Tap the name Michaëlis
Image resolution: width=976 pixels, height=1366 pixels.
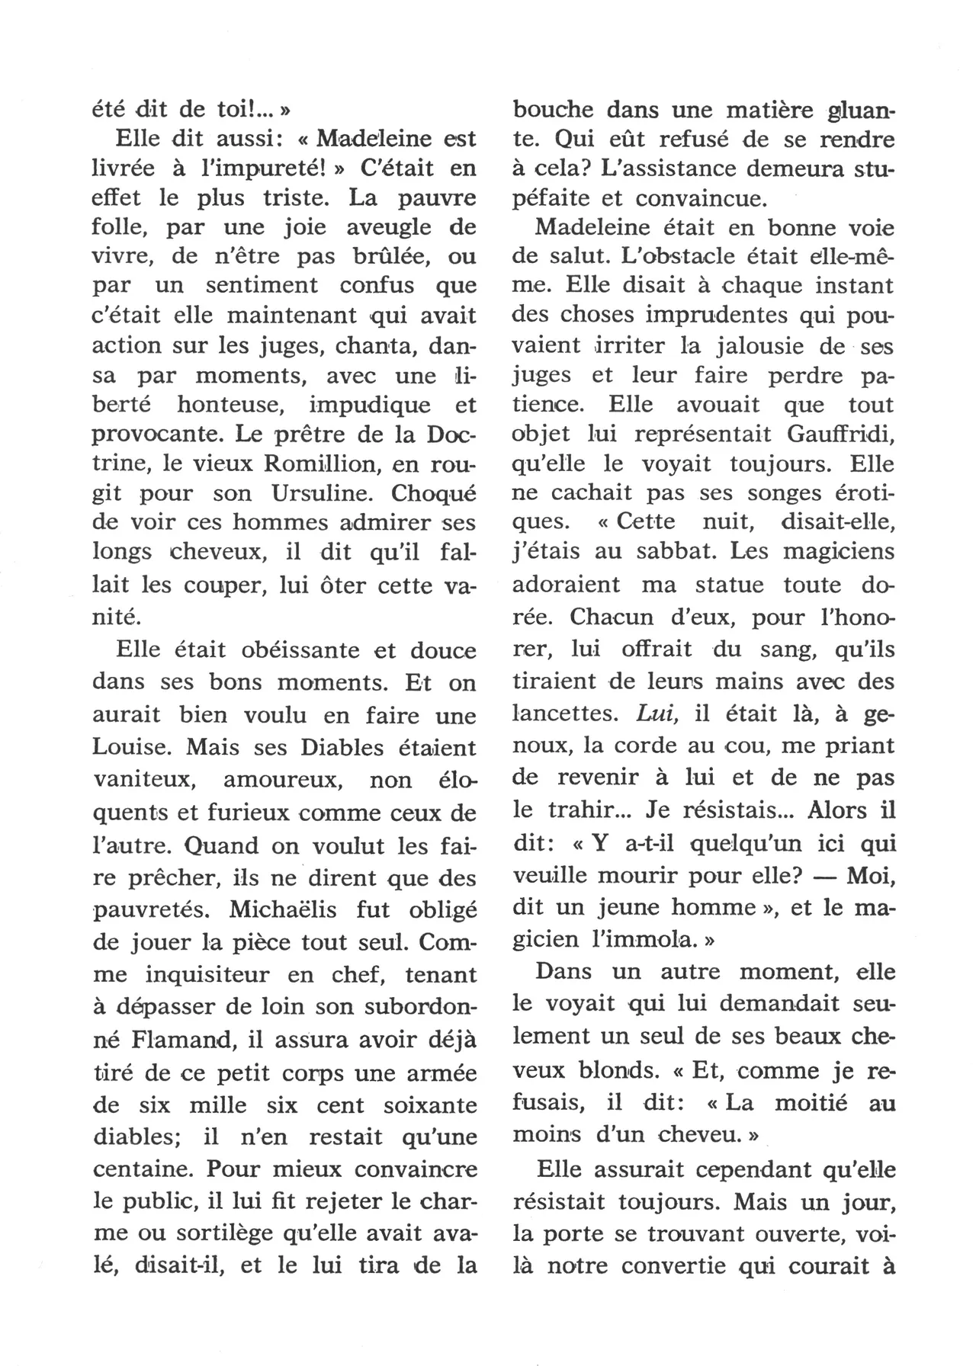pyautogui.click(x=285, y=910)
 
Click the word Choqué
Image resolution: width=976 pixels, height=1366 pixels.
pyautogui.click(x=433, y=493)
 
